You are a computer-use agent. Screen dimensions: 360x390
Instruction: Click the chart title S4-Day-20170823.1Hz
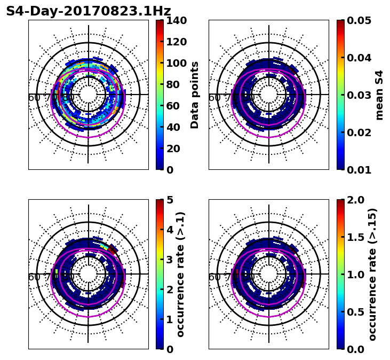(x=89, y=11)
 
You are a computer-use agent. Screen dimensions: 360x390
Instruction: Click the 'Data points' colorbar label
(x=195, y=95)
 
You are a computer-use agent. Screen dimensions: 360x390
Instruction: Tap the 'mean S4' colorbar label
(x=379, y=95)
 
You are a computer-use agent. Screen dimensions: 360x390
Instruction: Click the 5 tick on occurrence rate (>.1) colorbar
(x=170, y=200)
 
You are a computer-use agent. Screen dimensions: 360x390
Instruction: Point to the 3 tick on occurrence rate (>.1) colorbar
(x=170, y=260)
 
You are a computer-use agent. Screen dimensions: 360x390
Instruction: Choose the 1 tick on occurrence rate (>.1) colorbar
(x=170, y=319)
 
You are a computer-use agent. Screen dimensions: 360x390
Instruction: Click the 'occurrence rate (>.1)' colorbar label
(x=180, y=274)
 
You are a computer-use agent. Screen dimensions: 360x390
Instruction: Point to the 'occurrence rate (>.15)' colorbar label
(x=373, y=274)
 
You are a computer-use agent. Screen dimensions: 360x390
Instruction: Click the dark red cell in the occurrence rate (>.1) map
(x=113, y=249)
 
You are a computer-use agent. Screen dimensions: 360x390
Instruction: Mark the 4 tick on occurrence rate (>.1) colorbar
(x=170, y=230)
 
